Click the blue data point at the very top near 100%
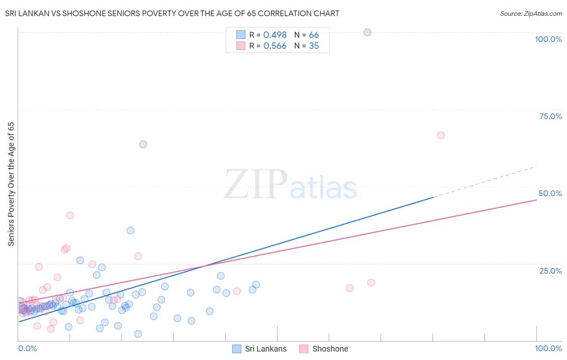(367, 32)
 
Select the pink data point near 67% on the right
(441, 135)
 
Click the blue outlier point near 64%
(143, 144)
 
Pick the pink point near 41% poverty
(70, 216)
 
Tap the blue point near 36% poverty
(130, 230)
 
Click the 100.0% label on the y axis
(548, 39)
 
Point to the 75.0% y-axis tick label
(550, 116)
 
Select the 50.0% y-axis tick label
(550, 193)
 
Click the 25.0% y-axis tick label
(550, 271)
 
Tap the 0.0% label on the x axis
(27, 348)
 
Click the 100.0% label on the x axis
(548, 348)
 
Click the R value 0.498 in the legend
(275, 35)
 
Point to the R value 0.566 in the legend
(275, 46)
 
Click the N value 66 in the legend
(314, 35)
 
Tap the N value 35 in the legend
(314, 46)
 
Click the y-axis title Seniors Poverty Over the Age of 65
(11, 184)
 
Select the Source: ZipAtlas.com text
(531, 14)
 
